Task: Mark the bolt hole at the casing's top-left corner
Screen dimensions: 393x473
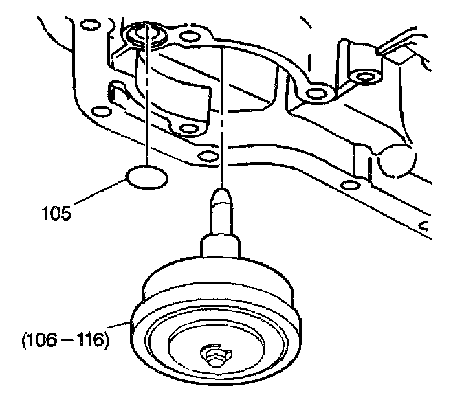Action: point(87,27)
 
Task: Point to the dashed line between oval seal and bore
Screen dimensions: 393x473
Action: point(148,103)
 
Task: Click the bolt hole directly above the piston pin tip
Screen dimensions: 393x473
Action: point(205,156)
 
